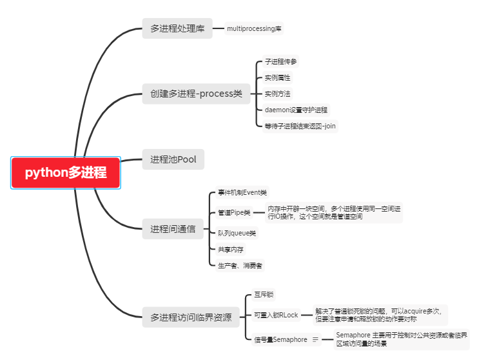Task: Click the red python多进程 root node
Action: [x=66, y=173]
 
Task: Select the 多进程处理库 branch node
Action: [x=177, y=28]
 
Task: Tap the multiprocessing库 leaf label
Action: [x=254, y=28]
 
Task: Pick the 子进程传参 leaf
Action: [x=280, y=62]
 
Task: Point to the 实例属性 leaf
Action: [x=278, y=77]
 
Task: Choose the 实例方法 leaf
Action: [x=278, y=94]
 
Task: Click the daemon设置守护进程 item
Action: [x=296, y=110]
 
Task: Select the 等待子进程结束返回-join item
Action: [x=300, y=125]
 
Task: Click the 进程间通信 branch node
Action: [x=173, y=229]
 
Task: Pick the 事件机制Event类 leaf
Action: [x=242, y=192]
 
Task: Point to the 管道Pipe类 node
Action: [x=234, y=212]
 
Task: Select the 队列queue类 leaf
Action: [x=237, y=233]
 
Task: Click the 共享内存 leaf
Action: [x=230, y=249]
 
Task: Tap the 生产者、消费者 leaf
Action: [x=239, y=265]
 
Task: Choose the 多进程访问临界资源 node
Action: [x=191, y=317]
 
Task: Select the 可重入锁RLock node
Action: [x=276, y=315]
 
